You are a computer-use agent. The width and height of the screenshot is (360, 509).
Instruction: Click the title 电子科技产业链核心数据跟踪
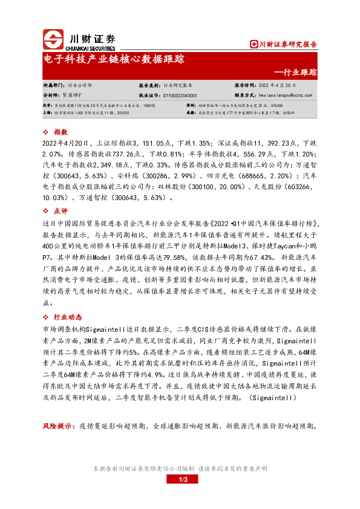tap(114, 60)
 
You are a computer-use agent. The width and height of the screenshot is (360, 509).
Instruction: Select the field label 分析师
tap(52, 96)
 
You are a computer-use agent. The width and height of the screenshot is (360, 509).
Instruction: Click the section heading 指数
tap(61, 132)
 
